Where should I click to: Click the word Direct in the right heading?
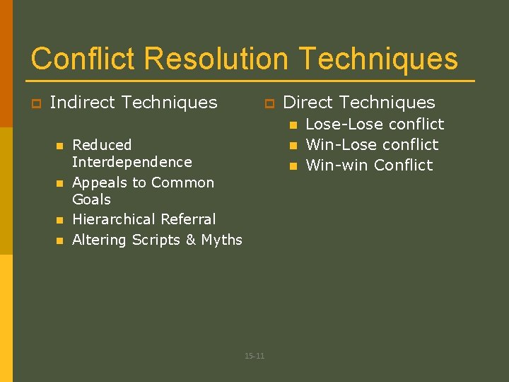coord(308,103)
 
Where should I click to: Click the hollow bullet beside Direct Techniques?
coord(268,104)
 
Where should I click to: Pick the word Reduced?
coord(102,145)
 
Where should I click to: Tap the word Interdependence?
coord(131,162)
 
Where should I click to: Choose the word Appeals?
coord(100,183)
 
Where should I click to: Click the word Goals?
coord(91,199)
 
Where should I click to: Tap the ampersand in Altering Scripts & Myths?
coord(190,241)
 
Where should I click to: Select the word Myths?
coord(221,241)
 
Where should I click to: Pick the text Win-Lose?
coord(334,145)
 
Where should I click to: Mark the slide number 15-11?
coord(255,356)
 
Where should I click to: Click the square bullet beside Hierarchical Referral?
coord(59,220)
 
